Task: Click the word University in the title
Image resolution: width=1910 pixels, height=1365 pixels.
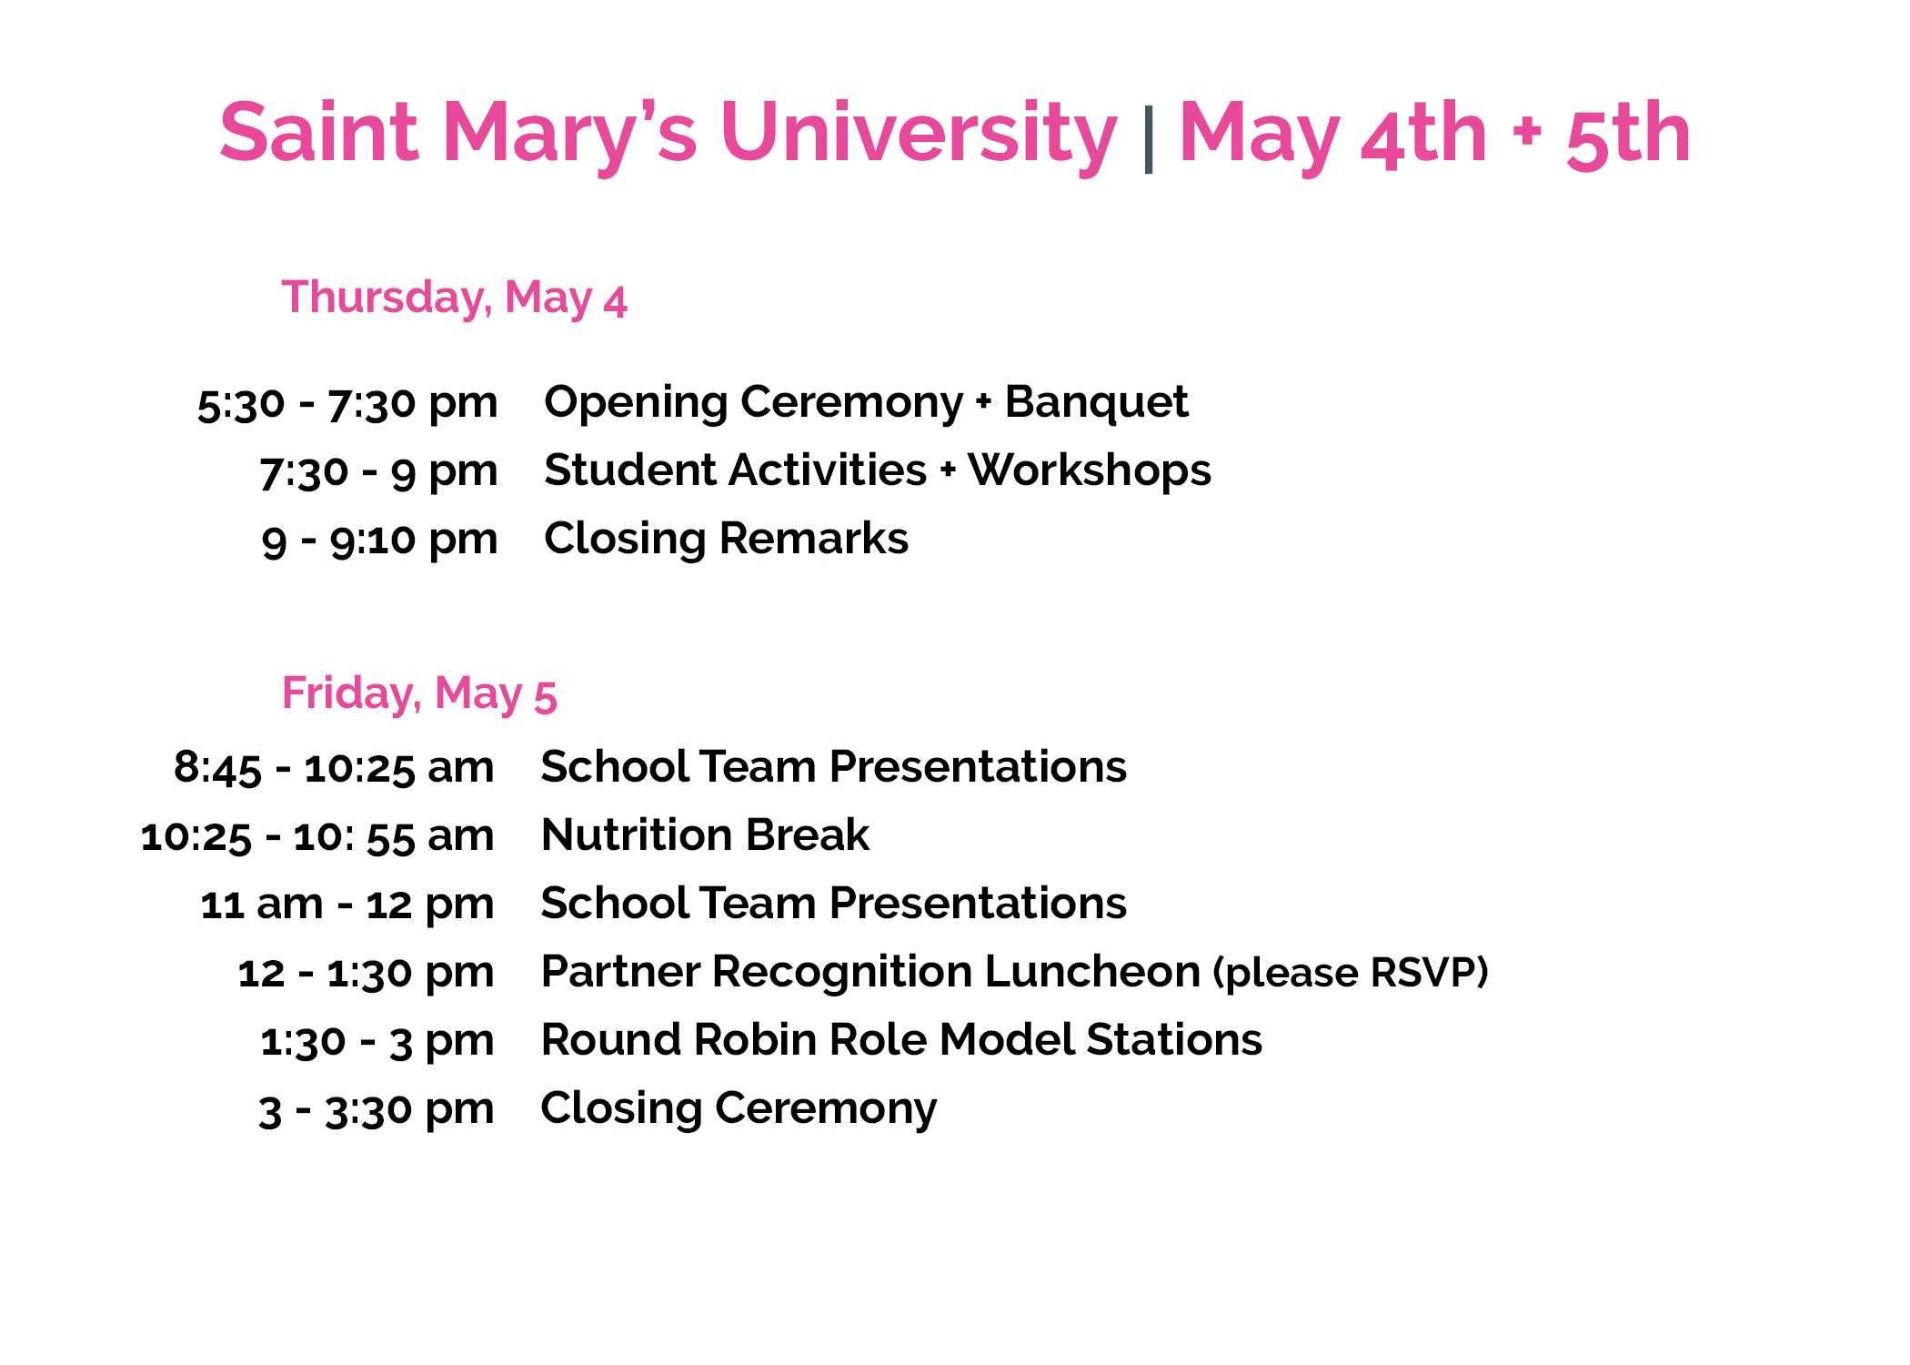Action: tap(918, 135)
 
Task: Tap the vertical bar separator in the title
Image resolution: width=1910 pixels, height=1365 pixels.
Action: tap(1149, 138)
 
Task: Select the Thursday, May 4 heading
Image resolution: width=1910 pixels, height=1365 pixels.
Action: tap(455, 298)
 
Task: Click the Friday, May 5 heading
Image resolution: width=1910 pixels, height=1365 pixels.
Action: tap(419, 694)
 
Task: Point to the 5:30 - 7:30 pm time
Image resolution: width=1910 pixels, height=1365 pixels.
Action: tap(347, 404)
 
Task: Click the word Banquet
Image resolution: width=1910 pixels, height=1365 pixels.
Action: tap(1096, 403)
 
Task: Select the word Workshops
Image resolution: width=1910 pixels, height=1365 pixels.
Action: tap(1090, 471)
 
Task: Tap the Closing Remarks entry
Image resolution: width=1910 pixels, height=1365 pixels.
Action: tap(726, 538)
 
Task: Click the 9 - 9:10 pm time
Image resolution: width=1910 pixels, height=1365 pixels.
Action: tap(380, 541)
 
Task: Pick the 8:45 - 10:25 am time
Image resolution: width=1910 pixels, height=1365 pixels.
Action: tap(334, 768)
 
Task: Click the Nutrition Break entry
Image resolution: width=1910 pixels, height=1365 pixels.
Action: tap(705, 834)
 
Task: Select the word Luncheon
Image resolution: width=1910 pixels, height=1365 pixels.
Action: tap(1092, 971)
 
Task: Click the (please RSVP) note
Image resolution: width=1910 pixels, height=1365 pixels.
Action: tap(1351, 973)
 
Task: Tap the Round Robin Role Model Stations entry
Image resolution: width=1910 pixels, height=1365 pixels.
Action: tap(901, 1039)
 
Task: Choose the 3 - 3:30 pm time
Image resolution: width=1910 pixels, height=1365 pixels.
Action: tap(377, 1110)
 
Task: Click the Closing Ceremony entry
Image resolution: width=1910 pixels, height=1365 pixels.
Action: tap(739, 1109)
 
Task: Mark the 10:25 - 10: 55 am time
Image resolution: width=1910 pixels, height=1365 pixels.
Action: tap(317, 836)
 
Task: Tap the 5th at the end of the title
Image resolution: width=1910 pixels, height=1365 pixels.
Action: tap(1628, 135)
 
